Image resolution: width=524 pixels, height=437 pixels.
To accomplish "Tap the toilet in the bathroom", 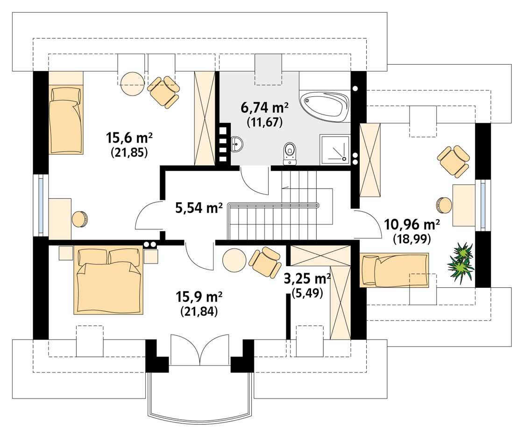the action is pyautogui.click(x=290, y=154).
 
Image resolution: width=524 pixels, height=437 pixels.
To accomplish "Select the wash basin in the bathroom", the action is pyautogui.click(x=237, y=144).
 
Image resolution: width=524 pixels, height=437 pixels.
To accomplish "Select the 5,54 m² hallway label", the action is pyautogui.click(x=199, y=208).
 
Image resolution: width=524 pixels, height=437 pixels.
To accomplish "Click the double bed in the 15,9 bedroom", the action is pyautogui.click(x=108, y=280).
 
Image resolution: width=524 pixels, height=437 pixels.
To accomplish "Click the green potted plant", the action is pyautogui.click(x=461, y=262).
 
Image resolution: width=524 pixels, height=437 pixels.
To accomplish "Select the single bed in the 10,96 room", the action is pyautogui.click(x=394, y=270).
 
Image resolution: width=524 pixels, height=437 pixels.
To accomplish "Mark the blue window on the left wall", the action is pyautogui.click(x=41, y=205).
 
